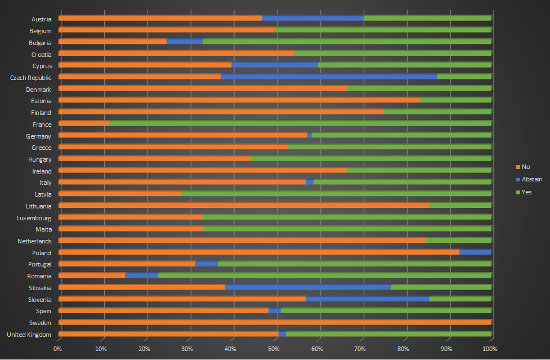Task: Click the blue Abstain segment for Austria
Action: click(313, 19)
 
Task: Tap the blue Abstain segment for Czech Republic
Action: click(328, 77)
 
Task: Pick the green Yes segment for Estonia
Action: click(455, 100)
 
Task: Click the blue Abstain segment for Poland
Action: click(475, 252)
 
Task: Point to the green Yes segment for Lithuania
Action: click(460, 206)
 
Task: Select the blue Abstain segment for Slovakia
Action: click(308, 287)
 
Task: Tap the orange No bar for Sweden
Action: click(275, 322)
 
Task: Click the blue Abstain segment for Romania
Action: click(141, 275)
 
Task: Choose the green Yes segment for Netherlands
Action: click(458, 241)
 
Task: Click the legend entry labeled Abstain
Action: click(532, 179)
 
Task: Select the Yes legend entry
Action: click(527, 192)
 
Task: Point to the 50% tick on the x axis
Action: click(274, 349)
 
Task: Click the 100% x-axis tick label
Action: click(490, 349)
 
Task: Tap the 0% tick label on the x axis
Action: click(58, 349)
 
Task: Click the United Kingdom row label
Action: click(29, 335)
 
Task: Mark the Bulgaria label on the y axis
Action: click(41, 42)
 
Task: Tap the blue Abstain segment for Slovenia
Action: click(367, 299)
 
